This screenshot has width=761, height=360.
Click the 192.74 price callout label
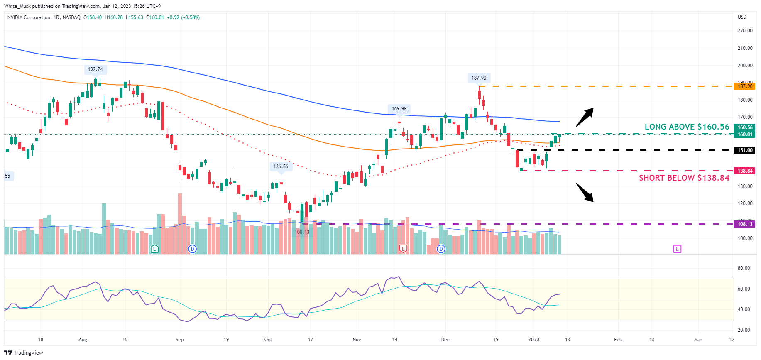95,69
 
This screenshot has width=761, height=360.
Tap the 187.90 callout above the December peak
479,78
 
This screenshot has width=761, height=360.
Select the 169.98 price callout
399,109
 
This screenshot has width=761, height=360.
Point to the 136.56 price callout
281,167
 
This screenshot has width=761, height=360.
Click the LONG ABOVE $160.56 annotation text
687,127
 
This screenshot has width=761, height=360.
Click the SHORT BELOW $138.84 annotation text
684,178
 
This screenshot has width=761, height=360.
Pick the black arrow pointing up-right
585,117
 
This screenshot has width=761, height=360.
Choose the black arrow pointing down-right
585,192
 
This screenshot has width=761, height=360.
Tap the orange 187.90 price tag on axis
745,86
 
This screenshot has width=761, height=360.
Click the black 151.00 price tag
745,150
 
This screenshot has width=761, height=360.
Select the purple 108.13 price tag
745,224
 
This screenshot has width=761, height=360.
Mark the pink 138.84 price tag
745,171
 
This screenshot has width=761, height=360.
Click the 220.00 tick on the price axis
745,31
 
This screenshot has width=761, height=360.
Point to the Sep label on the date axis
179,340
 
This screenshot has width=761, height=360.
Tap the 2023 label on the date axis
533,340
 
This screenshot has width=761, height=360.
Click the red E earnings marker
403,249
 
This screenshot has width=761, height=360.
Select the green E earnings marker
154,249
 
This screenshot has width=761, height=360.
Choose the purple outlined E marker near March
677,249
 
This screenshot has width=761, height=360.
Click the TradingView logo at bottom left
24,353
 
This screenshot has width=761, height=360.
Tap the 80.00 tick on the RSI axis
744,268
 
